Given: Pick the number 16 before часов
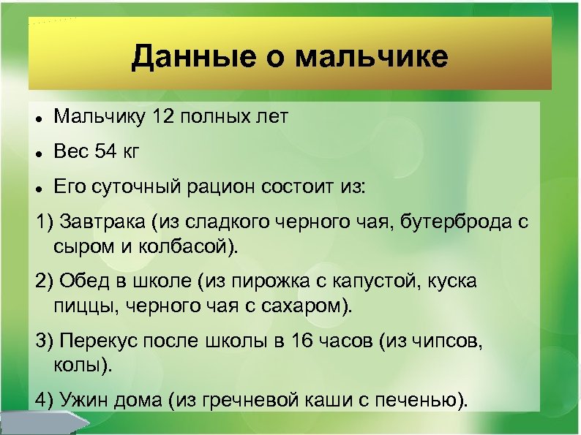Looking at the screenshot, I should click(x=303, y=340).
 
